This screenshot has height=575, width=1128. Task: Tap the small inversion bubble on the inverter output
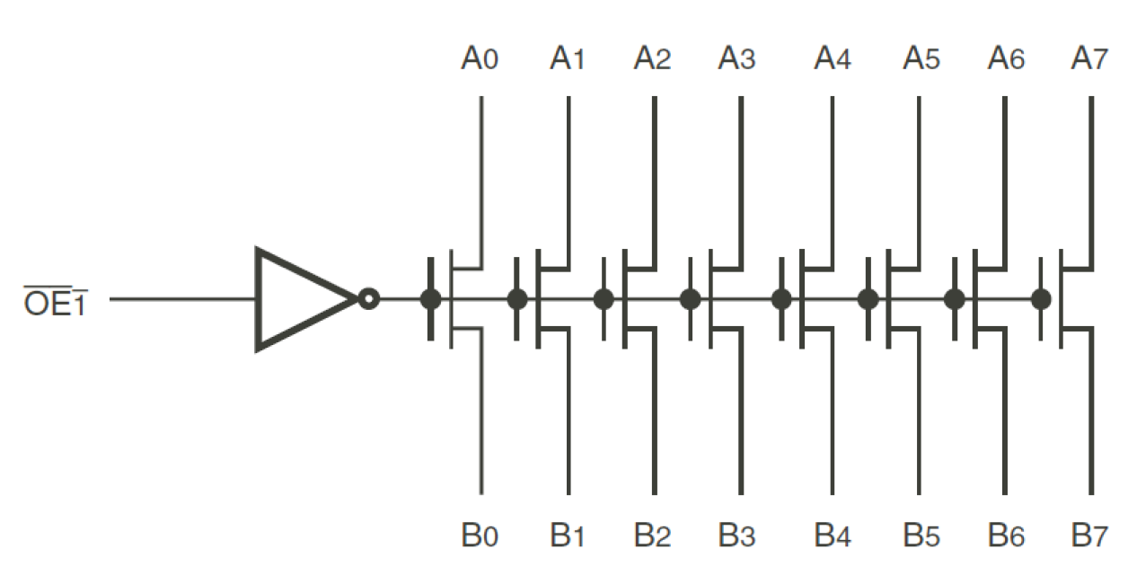(367, 299)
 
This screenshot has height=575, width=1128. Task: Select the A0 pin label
(480, 60)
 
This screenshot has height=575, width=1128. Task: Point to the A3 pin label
(737, 60)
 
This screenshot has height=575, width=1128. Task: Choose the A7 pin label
(1090, 60)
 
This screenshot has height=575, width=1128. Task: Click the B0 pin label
(480, 536)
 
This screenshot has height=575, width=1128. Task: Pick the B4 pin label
(833, 536)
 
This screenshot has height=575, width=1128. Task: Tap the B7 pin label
(1090, 536)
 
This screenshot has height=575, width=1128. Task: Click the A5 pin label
(921, 60)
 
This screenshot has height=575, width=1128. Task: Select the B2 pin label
(653, 536)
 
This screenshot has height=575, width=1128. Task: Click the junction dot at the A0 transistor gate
(430, 299)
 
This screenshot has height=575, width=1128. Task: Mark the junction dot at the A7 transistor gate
(1041, 299)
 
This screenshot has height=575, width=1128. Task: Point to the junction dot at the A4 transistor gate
(781, 299)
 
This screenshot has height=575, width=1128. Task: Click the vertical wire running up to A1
(568, 180)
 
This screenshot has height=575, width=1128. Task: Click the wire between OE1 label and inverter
(180, 299)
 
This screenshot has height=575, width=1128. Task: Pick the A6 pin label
(1005, 60)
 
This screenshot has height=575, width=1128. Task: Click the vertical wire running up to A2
(654, 180)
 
